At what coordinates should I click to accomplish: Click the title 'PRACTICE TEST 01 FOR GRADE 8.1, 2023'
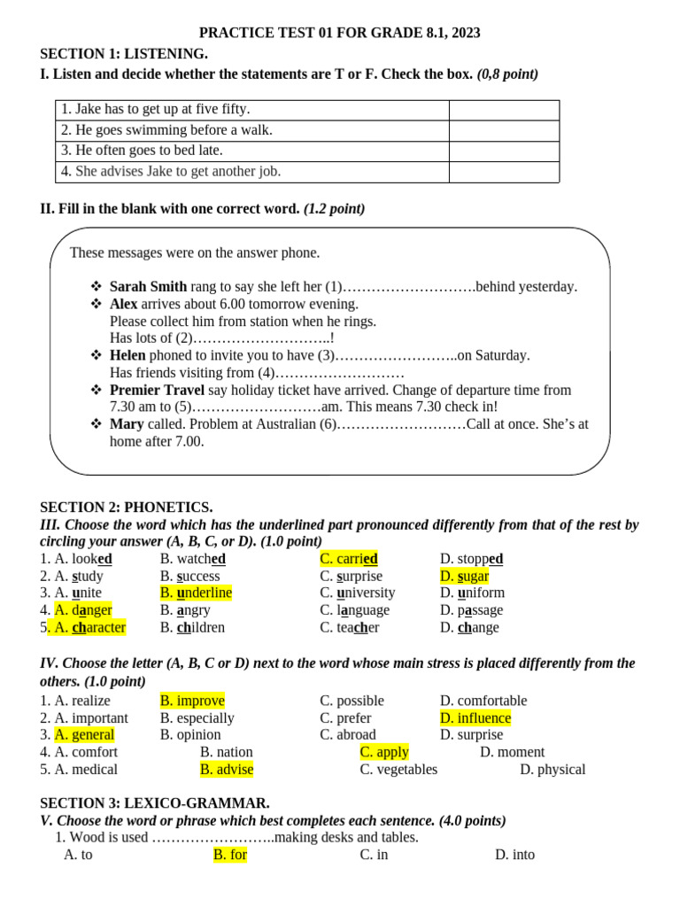[x=340, y=33]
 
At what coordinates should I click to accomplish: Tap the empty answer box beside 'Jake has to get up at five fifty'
[x=504, y=110]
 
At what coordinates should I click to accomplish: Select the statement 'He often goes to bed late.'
[x=142, y=151]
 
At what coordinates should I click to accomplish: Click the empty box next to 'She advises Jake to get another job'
[x=504, y=172]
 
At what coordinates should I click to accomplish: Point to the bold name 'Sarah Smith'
[x=148, y=286]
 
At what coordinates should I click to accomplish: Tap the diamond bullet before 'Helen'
[x=97, y=355]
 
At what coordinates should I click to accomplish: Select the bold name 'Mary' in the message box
[x=127, y=424]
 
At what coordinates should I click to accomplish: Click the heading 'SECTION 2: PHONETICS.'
[x=126, y=508]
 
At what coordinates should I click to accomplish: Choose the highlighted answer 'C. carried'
[x=349, y=559]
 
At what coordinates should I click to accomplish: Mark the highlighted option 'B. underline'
[x=196, y=593]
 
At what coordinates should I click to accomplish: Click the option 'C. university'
[x=358, y=593]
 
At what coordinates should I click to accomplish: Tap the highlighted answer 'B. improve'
[x=192, y=701]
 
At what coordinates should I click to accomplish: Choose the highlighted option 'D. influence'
[x=475, y=717]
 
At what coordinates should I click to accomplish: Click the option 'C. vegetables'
[x=398, y=769]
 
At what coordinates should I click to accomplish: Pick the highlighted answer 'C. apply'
[x=384, y=752]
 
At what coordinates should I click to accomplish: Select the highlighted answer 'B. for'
[x=230, y=855]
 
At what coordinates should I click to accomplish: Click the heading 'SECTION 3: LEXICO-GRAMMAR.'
[x=155, y=803]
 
